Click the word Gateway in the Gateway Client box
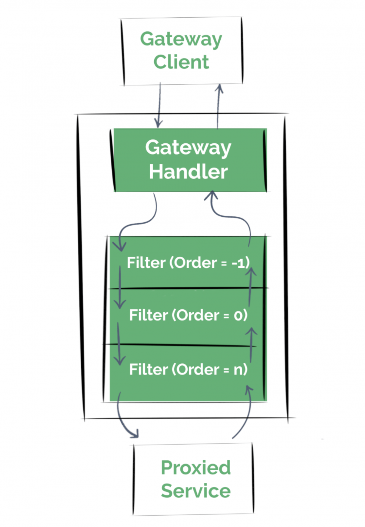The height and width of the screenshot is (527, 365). point(181,40)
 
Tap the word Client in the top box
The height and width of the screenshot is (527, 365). point(181,62)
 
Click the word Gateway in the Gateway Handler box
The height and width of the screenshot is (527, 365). point(188,148)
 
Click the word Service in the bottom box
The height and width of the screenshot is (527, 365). point(196,491)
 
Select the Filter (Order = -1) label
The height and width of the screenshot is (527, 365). point(188,263)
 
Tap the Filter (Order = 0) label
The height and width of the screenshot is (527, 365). point(188,315)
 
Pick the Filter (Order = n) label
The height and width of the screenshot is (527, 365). point(188,370)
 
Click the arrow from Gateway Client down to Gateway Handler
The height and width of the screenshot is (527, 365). point(159,105)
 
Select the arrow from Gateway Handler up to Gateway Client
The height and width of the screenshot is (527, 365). point(219,106)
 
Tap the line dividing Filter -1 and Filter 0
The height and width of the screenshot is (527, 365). point(188,288)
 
